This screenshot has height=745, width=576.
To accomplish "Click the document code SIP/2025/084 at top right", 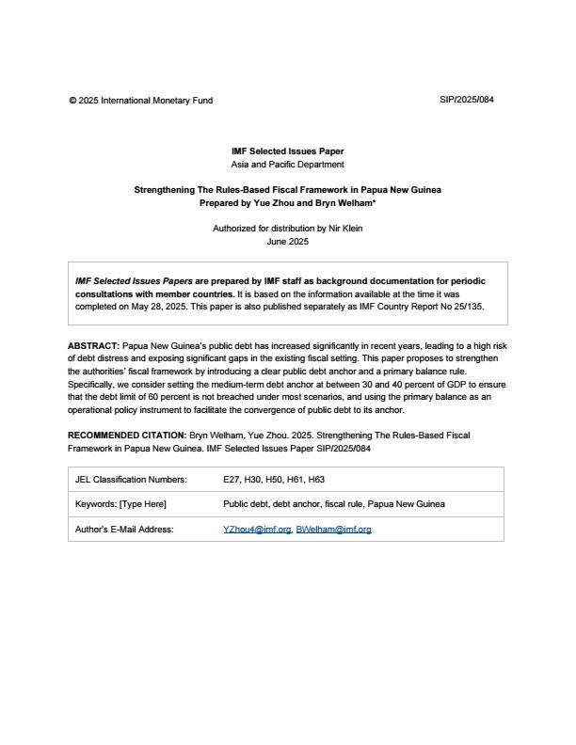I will (466, 100).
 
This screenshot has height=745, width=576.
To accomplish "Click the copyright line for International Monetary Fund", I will (140, 100).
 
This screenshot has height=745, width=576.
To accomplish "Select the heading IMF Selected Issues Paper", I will (287, 151).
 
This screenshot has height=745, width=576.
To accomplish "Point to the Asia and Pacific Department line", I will (287, 164).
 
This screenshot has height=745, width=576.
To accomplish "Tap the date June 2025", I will (287, 241).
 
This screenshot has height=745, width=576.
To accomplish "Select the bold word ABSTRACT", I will (93, 346).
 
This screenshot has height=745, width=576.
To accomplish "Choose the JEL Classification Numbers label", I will (131, 480).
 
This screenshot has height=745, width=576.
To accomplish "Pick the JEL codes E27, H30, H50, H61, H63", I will (274, 480).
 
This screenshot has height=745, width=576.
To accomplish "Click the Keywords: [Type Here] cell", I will (120, 504).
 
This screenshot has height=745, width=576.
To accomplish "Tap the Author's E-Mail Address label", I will (124, 530).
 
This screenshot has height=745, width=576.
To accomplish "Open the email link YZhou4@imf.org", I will (256, 530).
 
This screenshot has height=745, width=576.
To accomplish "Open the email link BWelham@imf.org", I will (333, 530).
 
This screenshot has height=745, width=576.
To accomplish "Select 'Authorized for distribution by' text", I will (266, 229).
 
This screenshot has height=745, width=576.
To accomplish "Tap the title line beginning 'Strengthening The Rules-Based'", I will (287, 190).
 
